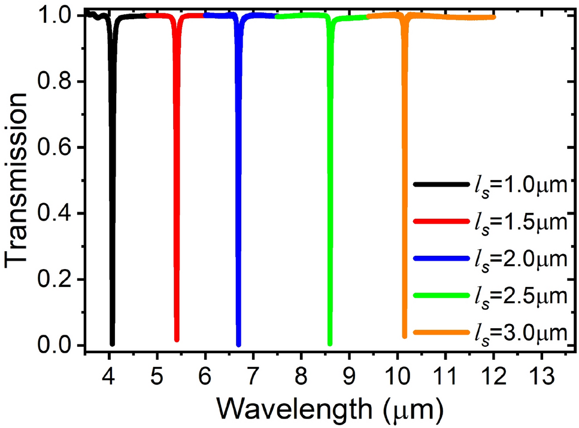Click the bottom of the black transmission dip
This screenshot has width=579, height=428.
tap(112, 343)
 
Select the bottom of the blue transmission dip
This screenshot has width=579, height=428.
tap(239, 344)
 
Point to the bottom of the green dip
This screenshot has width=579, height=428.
tap(330, 343)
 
